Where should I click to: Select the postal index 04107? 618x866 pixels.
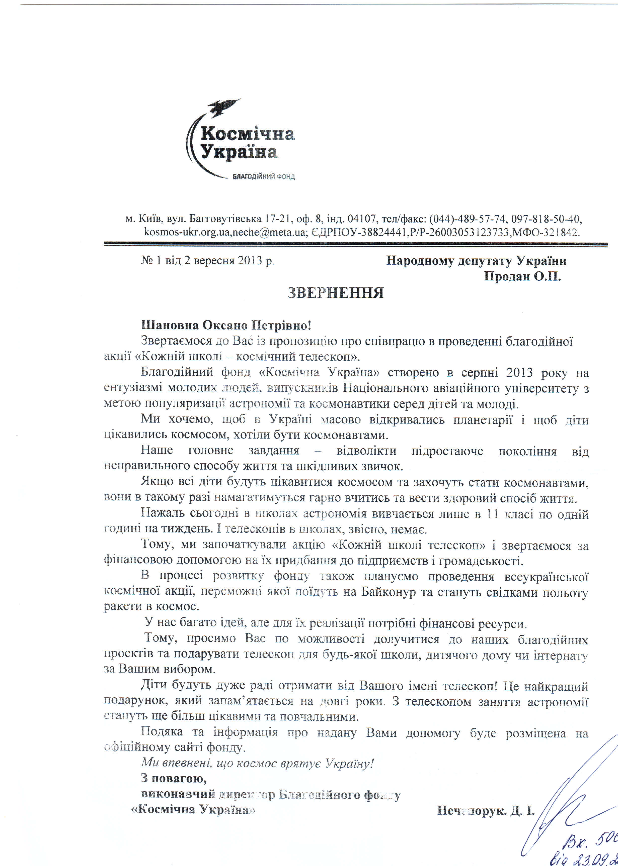(360, 219)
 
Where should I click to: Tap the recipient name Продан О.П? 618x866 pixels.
(522, 276)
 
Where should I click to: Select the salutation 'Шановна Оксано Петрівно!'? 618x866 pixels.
(226, 326)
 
